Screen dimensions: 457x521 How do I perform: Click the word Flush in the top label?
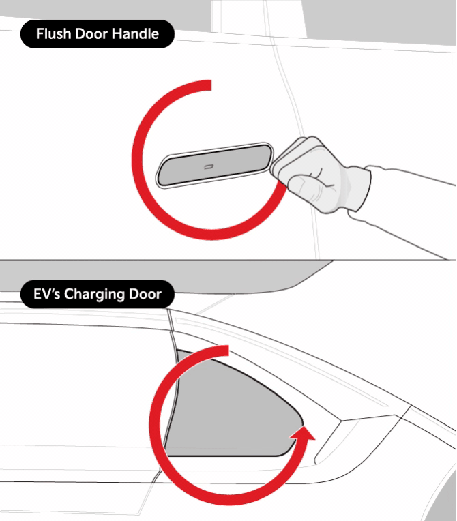(x=54, y=34)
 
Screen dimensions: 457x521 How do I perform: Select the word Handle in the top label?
(x=135, y=34)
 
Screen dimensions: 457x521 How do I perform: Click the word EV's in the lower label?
(x=46, y=294)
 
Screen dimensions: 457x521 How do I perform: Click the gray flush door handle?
(x=214, y=165)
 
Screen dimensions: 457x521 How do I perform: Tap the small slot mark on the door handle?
(x=209, y=167)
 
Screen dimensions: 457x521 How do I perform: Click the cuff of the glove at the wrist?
(x=359, y=189)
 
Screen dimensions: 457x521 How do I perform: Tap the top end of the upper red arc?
(x=211, y=85)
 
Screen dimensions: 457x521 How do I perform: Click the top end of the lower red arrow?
(x=228, y=351)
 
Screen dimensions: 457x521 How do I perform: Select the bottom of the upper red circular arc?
(x=211, y=235)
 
